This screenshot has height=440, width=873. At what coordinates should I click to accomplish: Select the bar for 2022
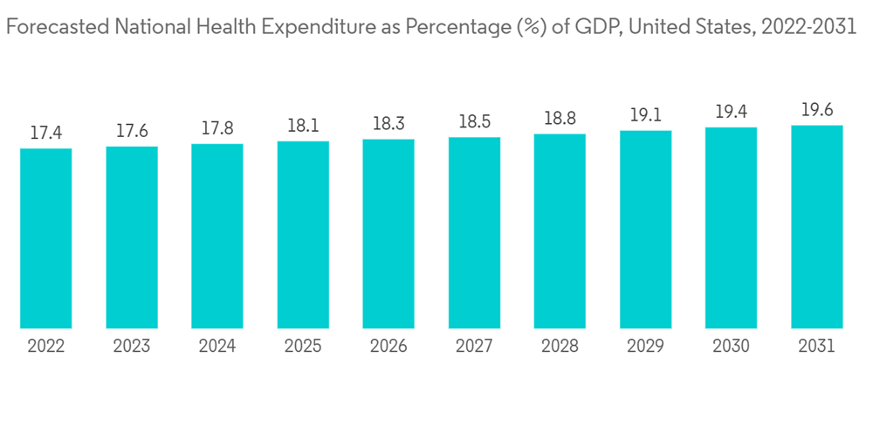tap(46, 238)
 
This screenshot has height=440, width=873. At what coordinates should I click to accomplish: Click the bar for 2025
tap(303, 235)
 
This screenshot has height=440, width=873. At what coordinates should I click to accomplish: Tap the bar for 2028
tap(560, 231)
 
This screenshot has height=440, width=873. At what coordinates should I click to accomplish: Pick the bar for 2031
tap(816, 227)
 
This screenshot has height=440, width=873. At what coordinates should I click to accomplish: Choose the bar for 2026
tap(388, 234)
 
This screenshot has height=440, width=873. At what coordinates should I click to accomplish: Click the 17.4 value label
tap(46, 134)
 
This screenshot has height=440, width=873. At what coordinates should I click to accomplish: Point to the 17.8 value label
tap(217, 129)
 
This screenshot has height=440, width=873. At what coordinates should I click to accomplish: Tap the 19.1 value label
tap(645, 116)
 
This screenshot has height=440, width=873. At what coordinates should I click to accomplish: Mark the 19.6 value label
tap(816, 111)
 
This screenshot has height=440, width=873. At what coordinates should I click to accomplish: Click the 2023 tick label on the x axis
tap(132, 347)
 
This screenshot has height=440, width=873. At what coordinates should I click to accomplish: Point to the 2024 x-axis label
tap(217, 347)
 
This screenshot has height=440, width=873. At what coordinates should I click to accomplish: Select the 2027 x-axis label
tap(474, 347)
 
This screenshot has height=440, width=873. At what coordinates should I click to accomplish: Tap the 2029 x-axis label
tap(645, 347)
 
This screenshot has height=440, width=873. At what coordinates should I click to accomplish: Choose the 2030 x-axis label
tap(731, 347)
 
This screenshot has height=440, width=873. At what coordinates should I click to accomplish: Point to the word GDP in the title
tap(593, 27)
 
